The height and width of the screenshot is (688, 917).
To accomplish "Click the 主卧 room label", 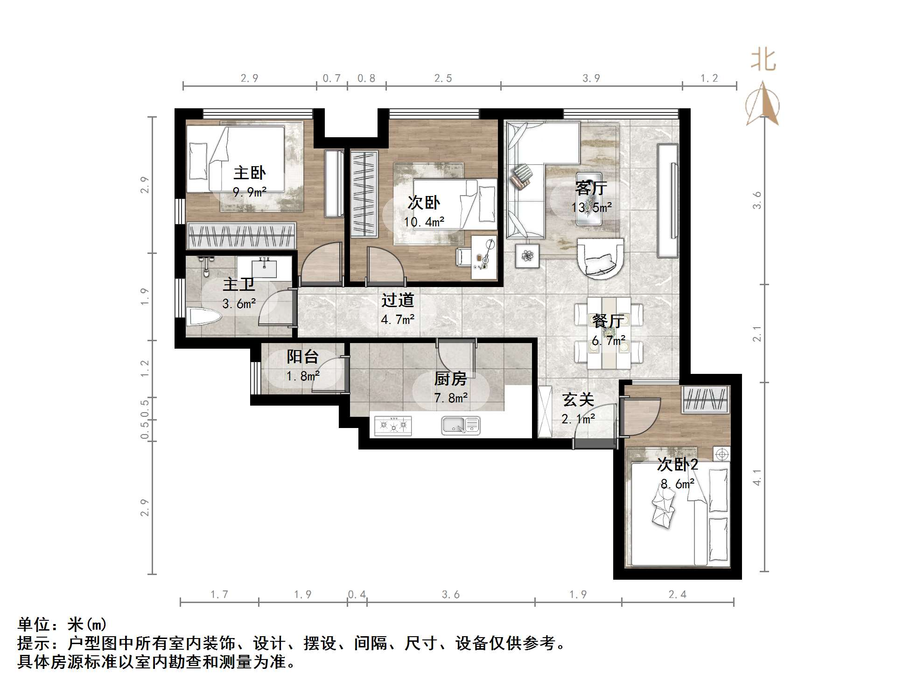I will point(249,173).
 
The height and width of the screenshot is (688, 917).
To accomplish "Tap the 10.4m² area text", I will point(424,222).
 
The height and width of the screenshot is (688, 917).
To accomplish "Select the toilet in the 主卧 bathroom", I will point(204,317).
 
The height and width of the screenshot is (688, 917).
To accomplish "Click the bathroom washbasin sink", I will point(264,269).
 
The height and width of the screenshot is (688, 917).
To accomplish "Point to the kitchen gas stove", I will point(393,425).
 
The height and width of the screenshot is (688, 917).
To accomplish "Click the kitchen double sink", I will point(461,425).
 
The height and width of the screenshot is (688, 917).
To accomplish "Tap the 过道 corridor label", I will point(398,300).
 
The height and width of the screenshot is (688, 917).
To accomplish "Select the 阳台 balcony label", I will point(302,357).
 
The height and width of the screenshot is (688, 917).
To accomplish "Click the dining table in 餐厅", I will point(609,333).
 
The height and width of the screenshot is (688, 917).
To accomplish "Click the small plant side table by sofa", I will point(527,256).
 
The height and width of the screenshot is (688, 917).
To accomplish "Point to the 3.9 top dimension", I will point(591,78).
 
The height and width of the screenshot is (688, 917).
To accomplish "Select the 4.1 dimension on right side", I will point(757,477).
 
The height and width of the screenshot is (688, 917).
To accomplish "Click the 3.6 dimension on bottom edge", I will point(450,594).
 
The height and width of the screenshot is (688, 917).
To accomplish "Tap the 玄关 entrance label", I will point(578,400).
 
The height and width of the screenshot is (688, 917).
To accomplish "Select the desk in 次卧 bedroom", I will point(484,257).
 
